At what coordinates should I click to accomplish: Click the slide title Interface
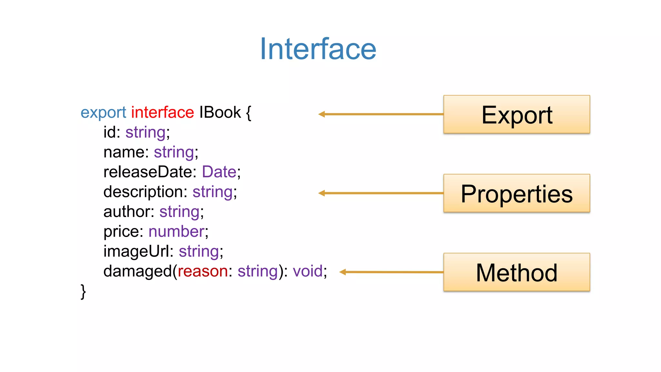[318, 49]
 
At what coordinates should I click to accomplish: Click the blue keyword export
[103, 113]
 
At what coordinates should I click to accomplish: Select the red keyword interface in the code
[162, 112]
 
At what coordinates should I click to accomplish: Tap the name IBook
[220, 112]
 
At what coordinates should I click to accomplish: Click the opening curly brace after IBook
[249, 113]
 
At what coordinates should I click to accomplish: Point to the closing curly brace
[83, 291]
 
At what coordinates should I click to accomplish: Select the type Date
[219, 172]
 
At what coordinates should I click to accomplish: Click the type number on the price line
[176, 232]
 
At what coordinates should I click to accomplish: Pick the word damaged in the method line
[137, 271]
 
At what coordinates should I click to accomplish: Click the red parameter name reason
[203, 271]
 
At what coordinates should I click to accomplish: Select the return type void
[308, 271]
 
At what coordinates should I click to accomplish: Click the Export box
[516, 114]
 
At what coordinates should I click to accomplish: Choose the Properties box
[516, 193]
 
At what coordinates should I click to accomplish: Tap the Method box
[516, 272]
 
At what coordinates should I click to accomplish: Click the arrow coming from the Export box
[381, 114]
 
